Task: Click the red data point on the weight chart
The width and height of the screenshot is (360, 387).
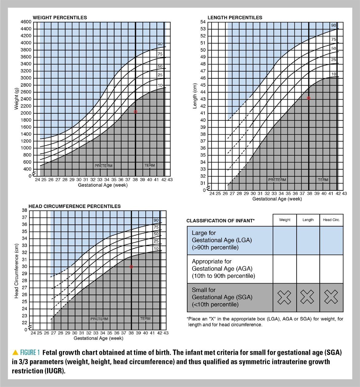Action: click(x=135, y=112)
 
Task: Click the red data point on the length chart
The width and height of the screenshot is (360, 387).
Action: click(x=309, y=98)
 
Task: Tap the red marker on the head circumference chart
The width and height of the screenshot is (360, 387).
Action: click(x=131, y=267)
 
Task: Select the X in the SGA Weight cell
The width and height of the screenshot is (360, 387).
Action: click(x=284, y=297)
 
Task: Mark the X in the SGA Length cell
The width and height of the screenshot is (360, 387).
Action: click(x=307, y=297)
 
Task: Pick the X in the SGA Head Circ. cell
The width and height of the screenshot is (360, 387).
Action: click(x=331, y=297)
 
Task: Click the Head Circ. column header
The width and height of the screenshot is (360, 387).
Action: click(x=331, y=220)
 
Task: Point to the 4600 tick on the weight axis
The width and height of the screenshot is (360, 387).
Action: click(x=26, y=22)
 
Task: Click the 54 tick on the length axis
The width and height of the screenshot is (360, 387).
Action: click(x=203, y=22)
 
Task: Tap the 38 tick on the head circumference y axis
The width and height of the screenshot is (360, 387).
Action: click(x=24, y=210)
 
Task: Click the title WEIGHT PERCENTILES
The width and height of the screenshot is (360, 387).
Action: click(x=60, y=18)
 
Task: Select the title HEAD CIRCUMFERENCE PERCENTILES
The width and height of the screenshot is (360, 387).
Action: click(x=75, y=206)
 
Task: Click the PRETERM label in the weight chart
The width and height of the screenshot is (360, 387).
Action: click(x=104, y=166)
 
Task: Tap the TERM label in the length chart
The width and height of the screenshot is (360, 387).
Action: click(x=323, y=180)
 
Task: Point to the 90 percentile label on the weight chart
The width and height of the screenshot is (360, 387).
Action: click(x=160, y=44)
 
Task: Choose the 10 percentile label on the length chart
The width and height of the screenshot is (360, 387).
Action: click(x=334, y=74)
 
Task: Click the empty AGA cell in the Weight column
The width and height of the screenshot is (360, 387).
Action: click(x=284, y=269)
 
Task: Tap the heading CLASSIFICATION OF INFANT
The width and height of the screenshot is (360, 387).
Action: click(x=220, y=221)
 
